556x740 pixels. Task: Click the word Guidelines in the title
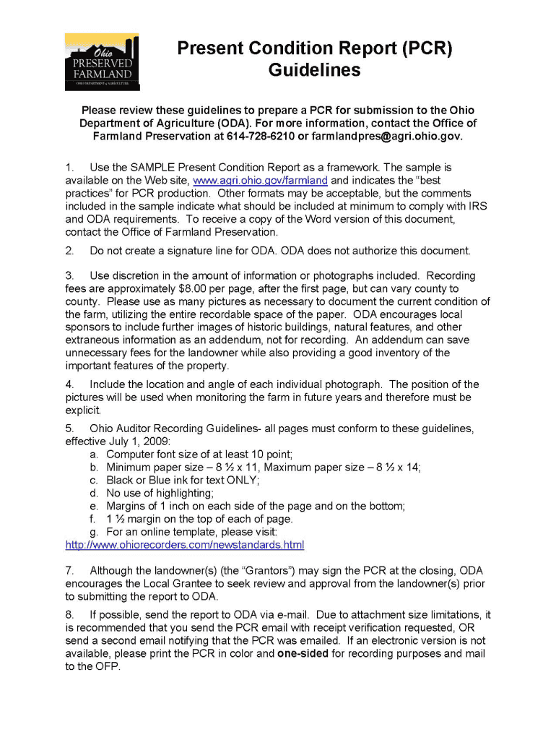tap(314, 70)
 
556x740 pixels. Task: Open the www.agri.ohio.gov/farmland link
tap(261, 180)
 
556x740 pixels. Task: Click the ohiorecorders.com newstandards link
tap(185, 544)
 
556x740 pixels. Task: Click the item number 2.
tap(69, 251)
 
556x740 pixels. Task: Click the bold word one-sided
tap(303, 654)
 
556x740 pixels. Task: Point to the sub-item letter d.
tap(94, 493)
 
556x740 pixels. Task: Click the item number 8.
tap(69, 615)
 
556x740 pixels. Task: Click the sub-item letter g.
tap(94, 532)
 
